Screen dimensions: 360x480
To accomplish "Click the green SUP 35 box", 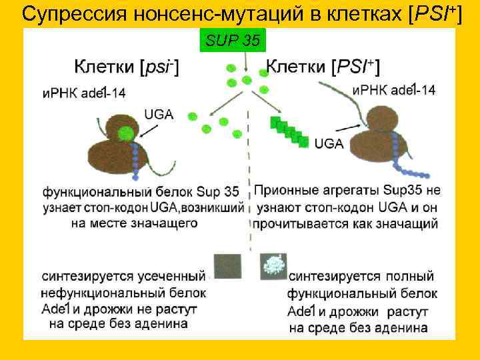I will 233,41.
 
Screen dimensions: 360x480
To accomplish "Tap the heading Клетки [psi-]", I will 126,67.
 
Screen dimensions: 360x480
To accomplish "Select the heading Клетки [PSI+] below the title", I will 323,67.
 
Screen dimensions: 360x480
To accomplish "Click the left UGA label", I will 158,115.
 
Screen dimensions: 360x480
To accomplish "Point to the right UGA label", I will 329,143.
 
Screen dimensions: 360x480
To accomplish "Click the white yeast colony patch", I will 275,265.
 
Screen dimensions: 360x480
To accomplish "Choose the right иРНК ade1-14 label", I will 394,90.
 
